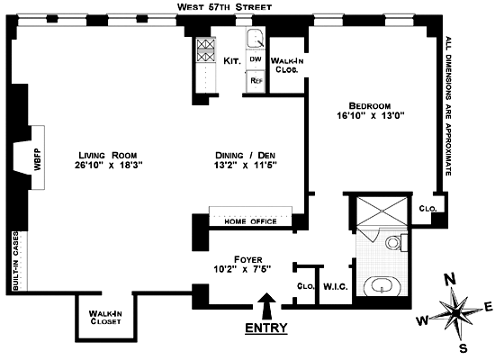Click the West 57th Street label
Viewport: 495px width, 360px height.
pyautogui.click(x=224, y=7)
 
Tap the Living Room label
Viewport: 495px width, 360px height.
pyautogui.click(x=108, y=156)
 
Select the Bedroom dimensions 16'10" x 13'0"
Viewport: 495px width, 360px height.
pyautogui.click(x=371, y=115)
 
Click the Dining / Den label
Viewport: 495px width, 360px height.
pyautogui.click(x=246, y=156)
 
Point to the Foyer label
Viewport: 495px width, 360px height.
pyautogui.click(x=248, y=260)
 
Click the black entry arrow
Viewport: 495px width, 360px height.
pyautogui.click(x=267, y=306)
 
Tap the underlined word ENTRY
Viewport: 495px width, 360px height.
pyautogui.click(x=266, y=328)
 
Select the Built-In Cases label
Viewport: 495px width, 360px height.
pyautogui.click(x=15, y=261)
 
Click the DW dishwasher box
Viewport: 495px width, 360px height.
pyautogui.click(x=256, y=59)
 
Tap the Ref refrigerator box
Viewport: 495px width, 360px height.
pyautogui.click(x=256, y=80)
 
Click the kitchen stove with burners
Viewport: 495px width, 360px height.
pyautogui.click(x=206, y=49)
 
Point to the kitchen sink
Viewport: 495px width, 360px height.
pyautogui.click(x=256, y=39)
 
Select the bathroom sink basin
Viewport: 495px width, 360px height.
pyautogui.click(x=382, y=286)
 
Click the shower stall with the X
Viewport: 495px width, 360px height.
pyautogui.click(x=382, y=211)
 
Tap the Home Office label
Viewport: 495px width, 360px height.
pyautogui.click(x=251, y=221)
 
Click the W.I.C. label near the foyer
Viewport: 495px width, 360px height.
pyautogui.click(x=336, y=287)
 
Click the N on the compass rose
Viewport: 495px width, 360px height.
pyautogui.click(x=450, y=279)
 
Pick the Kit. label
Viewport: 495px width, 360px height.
pyautogui.click(x=232, y=60)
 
